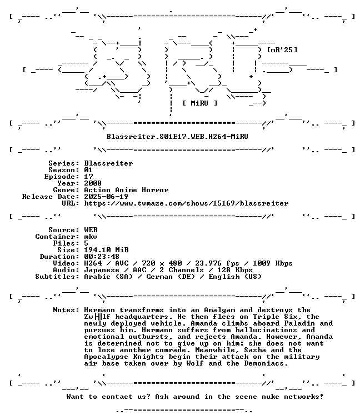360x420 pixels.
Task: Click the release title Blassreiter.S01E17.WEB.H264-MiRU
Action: [x=177, y=137]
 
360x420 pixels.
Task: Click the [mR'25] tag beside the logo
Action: [x=282, y=50]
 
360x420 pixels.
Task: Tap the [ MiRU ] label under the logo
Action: [x=200, y=103]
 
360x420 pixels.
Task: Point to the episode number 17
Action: [x=89, y=177]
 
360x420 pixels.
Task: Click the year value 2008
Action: [x=93, y=183]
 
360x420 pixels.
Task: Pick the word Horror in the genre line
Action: [x=155, y=190]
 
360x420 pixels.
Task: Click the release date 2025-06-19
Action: [x=106, y=197]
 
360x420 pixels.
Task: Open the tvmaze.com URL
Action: [x=187, y=203]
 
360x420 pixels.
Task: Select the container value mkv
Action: [x=91, y=237]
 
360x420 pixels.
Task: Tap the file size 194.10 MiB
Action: [x=106, y=250]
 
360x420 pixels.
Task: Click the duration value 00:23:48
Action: [x=102, y=257]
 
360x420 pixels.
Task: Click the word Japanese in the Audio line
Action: [x=102, y=270]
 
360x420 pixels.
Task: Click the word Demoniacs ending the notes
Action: [x=266, y=363]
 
